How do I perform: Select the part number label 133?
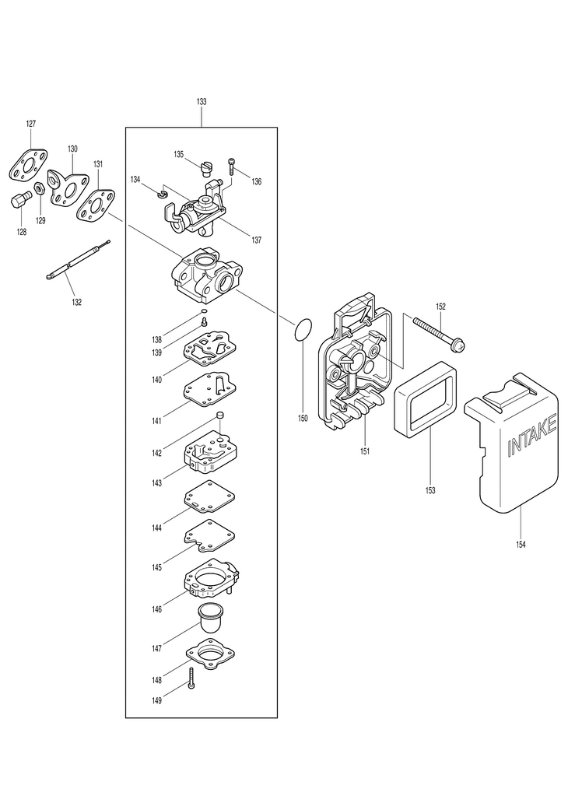click(202, 102)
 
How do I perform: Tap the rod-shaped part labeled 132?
click(75, 260)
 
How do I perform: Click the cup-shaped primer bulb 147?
click(209, 619)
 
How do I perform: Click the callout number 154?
click(521, 544)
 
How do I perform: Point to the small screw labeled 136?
click(231, 166)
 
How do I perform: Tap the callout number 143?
click(157, 483)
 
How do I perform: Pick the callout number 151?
click(364, 451)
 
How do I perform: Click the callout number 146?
click(157, 609)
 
